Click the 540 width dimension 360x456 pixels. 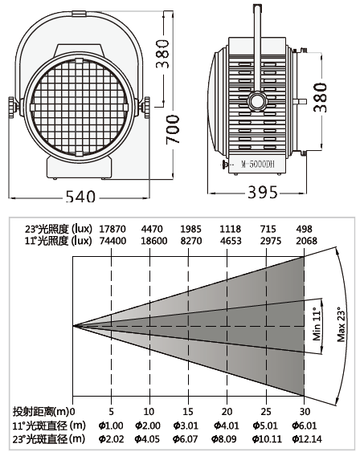coord(80,196)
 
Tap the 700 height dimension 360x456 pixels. coord(173,129)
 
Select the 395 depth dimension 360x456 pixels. coord(263,192)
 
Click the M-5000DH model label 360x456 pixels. coord(258,165)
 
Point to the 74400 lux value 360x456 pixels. coord(113,241)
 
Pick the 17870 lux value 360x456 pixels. coord(112,229)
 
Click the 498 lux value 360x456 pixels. coord(304,229)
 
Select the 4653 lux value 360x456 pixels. coord(231,241)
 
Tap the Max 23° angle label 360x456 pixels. coord(341,324)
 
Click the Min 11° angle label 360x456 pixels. coord(317,324)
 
